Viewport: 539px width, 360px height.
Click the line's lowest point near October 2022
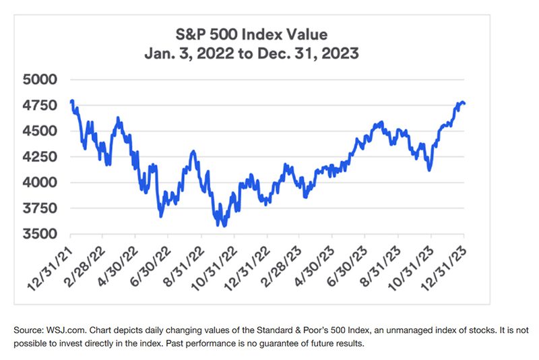222,225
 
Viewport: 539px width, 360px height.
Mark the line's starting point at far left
71,101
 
